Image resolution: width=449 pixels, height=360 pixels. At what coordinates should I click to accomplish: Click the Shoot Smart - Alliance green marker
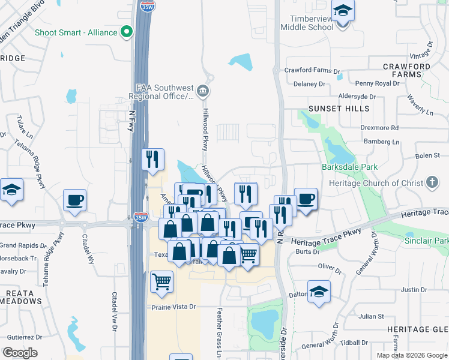coord(126,32)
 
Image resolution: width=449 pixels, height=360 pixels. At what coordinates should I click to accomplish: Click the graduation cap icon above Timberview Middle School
coord(343,11)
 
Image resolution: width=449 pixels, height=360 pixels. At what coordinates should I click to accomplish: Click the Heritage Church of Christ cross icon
coord(432,182)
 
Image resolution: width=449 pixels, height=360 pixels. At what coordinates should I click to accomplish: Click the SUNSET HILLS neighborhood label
coord(331,109)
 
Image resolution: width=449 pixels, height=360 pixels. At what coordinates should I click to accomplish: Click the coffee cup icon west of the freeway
coord(74,200)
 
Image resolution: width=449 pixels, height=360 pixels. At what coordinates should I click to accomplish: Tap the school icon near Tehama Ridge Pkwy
coord(11,190)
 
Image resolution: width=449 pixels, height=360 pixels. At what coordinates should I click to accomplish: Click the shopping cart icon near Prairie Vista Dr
coord(161,281)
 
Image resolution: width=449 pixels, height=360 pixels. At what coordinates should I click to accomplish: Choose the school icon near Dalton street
coord(319,292)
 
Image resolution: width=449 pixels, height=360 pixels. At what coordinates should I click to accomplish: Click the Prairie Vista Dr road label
coord(173,307)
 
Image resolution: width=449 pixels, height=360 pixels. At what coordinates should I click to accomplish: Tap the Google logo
coord(20,353)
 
